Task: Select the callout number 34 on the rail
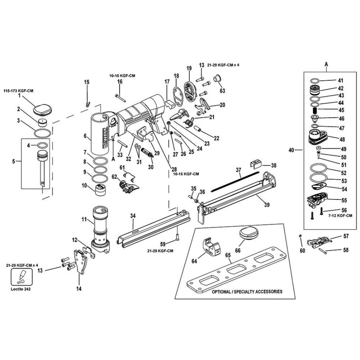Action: [x=133, y=216]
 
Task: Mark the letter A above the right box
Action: [x=327, y=64]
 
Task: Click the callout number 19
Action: [x=189, y=68]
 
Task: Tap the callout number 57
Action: [x=346, y=237]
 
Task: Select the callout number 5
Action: [x=14, y=162]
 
